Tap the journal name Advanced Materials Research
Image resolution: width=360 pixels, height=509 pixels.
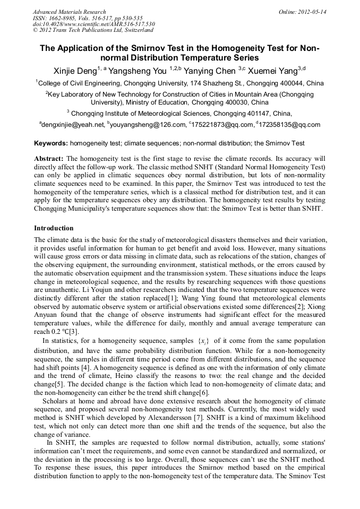[69, 12]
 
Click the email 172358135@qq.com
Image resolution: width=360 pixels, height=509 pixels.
[290, 125]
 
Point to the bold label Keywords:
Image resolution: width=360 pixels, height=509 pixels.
[51, 143]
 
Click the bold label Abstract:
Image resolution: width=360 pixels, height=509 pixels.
[49, 159]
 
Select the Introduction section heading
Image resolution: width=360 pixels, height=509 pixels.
[54, 228]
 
